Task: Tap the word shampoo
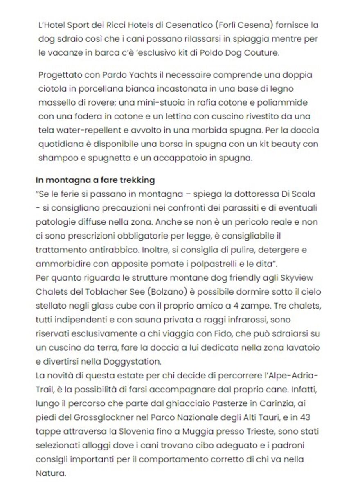(x=55, y=159)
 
